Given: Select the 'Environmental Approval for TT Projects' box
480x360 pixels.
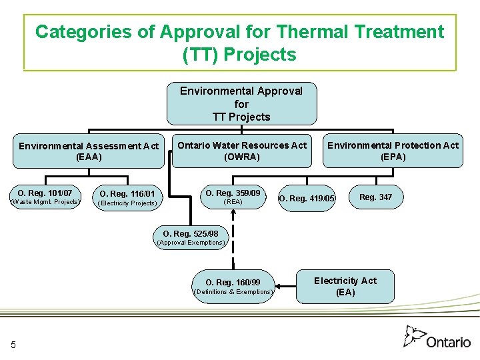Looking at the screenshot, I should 241,104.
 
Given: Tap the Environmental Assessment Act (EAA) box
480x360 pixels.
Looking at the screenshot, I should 89,151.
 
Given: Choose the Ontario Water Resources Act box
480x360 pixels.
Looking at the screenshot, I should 241,151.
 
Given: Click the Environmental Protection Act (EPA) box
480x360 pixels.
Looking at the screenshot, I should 393,151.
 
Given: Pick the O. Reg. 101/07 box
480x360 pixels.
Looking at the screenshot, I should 45,197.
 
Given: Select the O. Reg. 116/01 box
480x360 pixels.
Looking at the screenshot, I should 127,197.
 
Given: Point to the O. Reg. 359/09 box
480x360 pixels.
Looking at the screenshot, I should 233,197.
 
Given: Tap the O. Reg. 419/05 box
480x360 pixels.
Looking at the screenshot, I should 307,198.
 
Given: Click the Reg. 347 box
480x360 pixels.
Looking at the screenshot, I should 376,197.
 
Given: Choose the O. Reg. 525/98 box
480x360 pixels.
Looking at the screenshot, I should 191,237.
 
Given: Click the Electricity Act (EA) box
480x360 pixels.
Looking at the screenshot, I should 345,287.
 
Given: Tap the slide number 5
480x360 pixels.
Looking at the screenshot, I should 13,344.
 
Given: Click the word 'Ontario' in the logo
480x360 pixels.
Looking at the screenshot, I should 449,342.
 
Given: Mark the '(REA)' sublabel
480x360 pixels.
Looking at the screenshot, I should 233,202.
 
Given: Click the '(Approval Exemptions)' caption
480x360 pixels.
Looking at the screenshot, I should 191,243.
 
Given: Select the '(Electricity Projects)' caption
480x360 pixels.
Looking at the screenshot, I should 127,203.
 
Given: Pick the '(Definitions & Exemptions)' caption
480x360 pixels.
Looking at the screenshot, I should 233,292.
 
